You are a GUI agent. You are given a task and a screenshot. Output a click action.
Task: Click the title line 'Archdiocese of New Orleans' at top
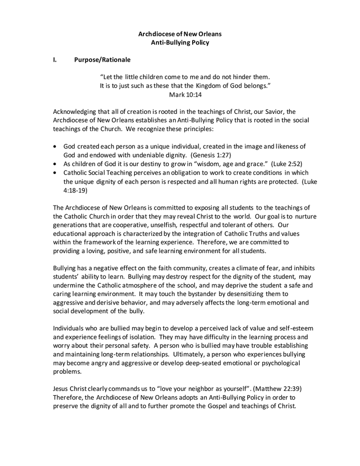pyautogui.click(x=180, y=34)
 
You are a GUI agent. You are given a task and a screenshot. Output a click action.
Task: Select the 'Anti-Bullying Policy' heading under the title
pyautogui.click(x=180, y=42)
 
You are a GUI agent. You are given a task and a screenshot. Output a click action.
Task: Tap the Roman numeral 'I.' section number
pyautogui.click(x=55, y=60)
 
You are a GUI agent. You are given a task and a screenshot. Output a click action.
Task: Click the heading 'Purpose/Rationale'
pyautogui.click(x=102, y=60)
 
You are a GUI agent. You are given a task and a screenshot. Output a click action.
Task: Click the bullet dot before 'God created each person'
pyautogui.click(x=56, y=147)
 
